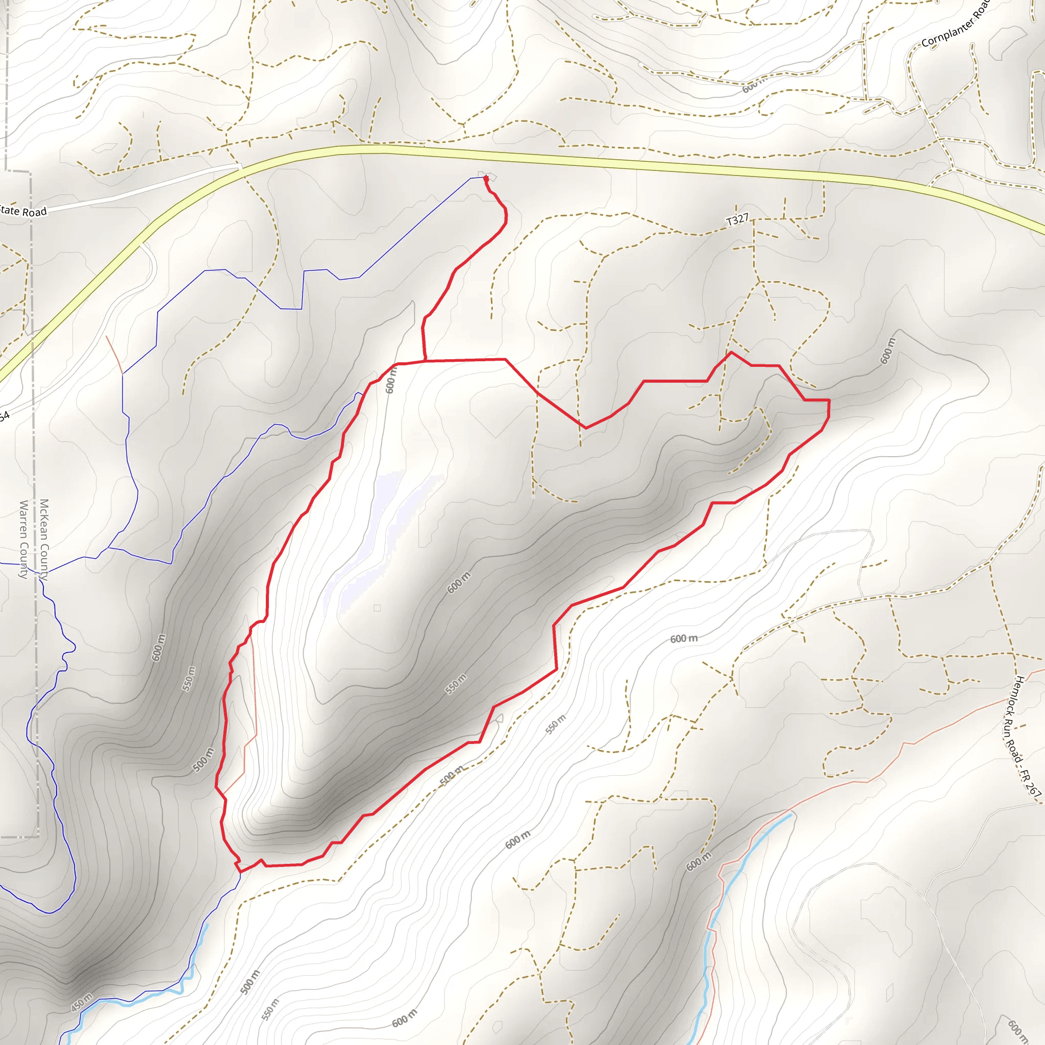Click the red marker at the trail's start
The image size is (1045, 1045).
(x=486, y=178)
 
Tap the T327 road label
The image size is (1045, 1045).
(x=737, y=219)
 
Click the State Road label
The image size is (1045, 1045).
(x=23, y=211)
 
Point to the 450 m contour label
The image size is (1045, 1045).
(x=82, y=1002)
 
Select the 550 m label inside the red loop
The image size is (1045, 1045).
(x=456, y=684)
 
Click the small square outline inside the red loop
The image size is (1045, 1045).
(x=377, y=608)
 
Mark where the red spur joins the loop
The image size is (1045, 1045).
(x=426, y=360)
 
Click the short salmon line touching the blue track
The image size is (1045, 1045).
(x=115, y=354)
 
